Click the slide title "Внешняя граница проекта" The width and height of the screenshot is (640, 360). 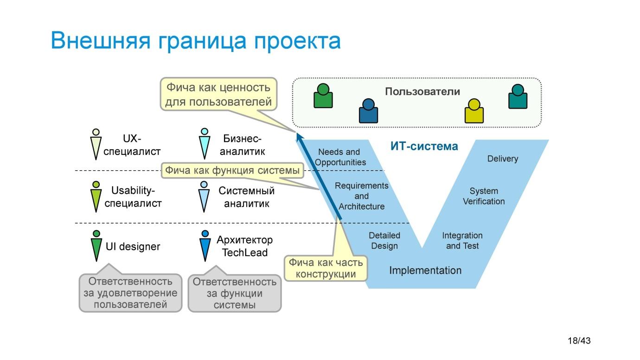195,40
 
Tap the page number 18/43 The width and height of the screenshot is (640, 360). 579,341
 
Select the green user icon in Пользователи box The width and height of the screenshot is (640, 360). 323,96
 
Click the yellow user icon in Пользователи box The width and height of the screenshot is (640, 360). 474,111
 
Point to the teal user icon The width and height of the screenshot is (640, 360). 518,96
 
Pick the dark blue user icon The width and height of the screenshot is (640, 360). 368,111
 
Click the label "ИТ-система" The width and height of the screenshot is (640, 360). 424,147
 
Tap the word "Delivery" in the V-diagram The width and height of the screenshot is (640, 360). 502,159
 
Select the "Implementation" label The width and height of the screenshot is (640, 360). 425,270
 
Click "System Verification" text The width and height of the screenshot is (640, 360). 484,196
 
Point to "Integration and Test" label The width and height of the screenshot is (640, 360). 462,241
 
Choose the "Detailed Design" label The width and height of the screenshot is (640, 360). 384,241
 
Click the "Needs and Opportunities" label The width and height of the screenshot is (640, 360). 340,157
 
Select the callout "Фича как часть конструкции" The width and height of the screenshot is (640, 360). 326,268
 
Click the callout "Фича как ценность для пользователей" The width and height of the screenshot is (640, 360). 218,94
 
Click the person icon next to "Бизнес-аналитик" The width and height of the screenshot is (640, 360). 205,144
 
